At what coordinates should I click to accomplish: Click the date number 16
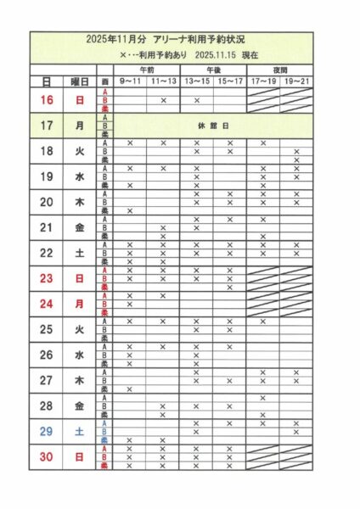click(48, 99)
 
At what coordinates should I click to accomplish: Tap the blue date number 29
click(48, 431)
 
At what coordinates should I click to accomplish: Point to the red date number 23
click(48, 278)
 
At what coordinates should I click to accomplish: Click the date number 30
click(48, 456)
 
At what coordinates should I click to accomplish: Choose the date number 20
click(48, 202)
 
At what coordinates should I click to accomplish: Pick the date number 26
click(48, 355)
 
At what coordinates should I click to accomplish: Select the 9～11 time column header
click(130, 81)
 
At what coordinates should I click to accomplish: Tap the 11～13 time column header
click(163, 81)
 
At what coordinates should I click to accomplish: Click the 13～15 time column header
click(196, 81)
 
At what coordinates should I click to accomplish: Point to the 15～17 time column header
click(229, 81)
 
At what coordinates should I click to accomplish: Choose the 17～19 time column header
click(263, 81)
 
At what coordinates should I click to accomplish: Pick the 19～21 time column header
click(296, 81)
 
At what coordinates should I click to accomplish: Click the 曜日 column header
click(81, 81)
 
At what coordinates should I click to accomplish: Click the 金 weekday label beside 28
click(81, 406)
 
